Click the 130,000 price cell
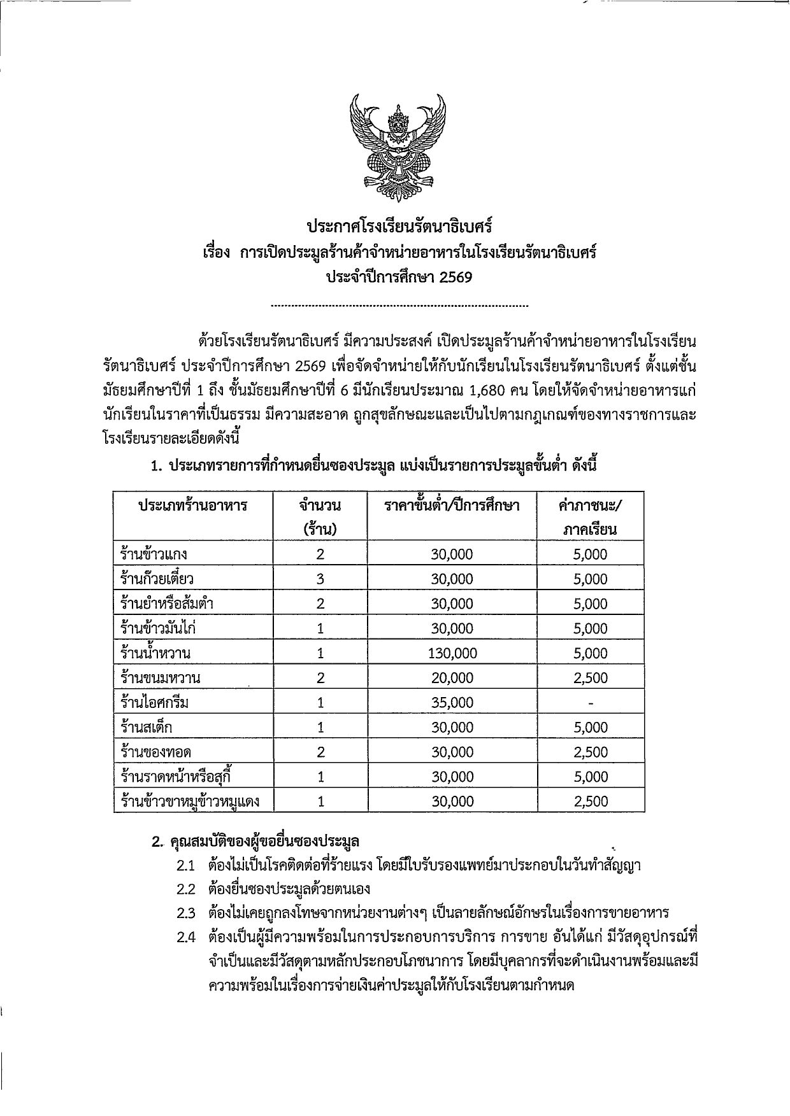coord(452,653)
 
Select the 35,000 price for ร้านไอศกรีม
coord(452,703)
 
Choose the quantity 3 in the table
coord(320,579)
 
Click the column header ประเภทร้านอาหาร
coord(193,506)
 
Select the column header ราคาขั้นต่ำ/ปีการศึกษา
coord(452,506)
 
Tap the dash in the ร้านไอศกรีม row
coord(591,703)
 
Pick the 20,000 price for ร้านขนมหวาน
coord(452,678)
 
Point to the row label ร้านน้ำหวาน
coord(155,653)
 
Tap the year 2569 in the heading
coord(455,278)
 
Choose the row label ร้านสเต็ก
coord(146,728)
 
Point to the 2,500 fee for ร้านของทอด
coord(591,752)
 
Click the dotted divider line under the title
coord(399,306)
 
